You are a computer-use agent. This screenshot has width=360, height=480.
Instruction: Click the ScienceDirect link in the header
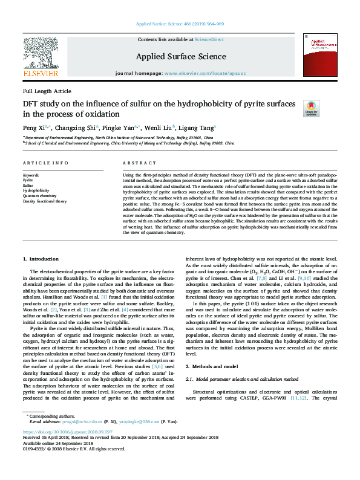coord(209,39)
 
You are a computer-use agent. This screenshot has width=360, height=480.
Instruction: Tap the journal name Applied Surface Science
coord(181,57)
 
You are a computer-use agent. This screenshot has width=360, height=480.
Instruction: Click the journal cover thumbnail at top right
coord(316,54)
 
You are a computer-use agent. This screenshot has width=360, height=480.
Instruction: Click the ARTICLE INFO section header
coord(45,163)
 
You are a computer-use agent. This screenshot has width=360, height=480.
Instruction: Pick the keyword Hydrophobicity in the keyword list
coord(36,190)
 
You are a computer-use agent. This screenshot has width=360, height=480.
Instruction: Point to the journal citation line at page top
coord(180,24)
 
